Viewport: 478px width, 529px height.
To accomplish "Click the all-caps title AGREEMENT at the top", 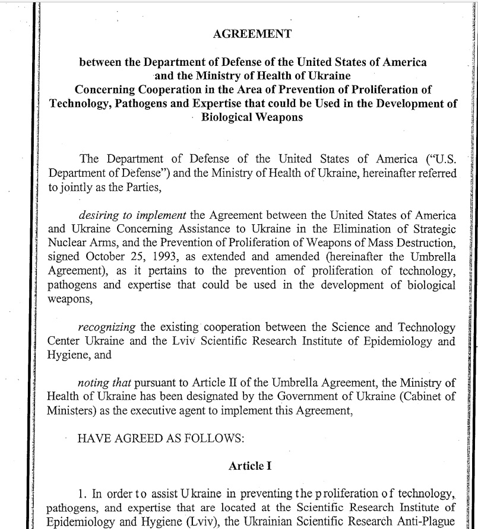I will (x=252, y=34).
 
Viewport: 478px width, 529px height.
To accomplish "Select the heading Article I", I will (x=250, y=466).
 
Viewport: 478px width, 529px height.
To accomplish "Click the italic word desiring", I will (x=97, y=215).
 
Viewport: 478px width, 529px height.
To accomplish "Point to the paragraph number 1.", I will (x=82, y=493).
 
